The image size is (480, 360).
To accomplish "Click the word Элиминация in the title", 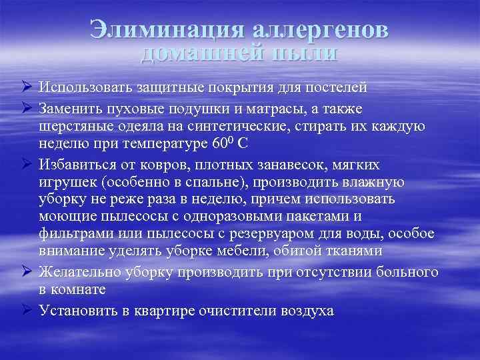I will click(167, 31).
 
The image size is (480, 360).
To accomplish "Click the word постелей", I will click(337, 87).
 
